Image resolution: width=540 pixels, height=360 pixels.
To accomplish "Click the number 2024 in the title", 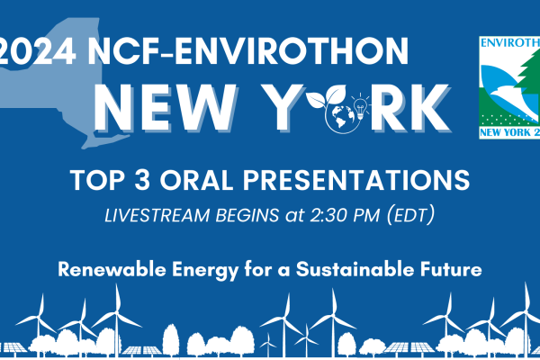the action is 37,51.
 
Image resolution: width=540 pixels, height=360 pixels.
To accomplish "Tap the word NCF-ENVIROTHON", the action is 248,51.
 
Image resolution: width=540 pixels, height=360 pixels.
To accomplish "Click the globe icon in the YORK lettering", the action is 343,116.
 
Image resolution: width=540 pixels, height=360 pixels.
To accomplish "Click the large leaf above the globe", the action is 336,94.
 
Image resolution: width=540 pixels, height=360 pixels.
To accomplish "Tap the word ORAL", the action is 196,180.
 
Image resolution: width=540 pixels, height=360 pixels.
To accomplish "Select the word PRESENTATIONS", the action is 356,180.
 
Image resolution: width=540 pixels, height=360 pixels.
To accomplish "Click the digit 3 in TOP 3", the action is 142,180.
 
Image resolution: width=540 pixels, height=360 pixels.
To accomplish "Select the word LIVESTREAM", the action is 157,215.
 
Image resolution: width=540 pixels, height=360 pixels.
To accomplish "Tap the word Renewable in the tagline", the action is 112,269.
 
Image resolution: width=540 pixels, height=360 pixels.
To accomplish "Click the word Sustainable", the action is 355,269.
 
